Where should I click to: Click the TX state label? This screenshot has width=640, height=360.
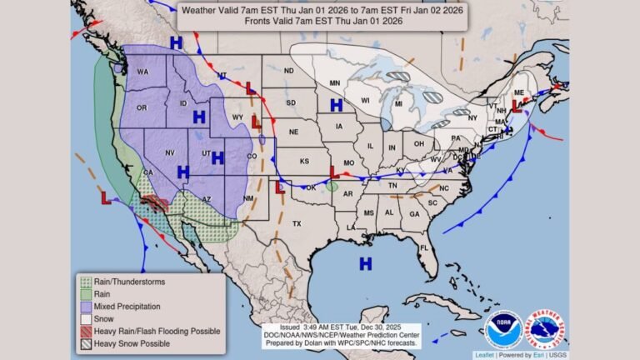point(296,224)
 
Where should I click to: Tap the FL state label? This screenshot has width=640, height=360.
point(424,247)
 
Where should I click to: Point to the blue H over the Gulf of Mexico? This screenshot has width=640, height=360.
point(365,264)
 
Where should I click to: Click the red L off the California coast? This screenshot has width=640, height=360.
point(107,198)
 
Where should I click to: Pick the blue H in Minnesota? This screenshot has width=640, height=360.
point(336,105)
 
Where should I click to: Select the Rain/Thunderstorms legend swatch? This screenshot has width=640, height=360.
point(85,282)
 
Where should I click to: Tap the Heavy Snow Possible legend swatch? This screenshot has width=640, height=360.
point(85,343)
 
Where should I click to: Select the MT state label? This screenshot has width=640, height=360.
point(222,76)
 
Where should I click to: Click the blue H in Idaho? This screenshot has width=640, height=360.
point(199,117)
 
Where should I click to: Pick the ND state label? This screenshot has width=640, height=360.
point(288,71)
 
